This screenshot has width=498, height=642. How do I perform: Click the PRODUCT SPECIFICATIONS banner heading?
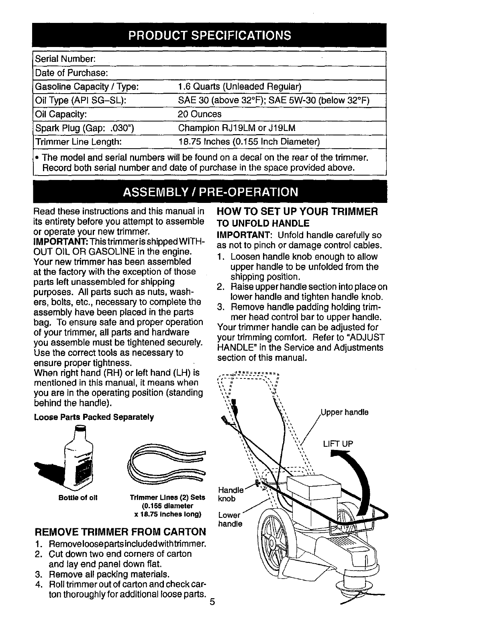[x=210, y=35]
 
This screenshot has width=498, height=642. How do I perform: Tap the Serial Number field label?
[x=65, y=59]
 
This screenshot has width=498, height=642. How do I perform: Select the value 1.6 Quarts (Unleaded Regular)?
[x=239, y=87]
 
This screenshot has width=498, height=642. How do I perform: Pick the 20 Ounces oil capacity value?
[x=200, y=114]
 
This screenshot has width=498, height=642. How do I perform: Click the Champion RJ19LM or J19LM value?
[x=237, y=128]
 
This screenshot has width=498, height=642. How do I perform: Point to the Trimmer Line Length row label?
[x=78, y=142]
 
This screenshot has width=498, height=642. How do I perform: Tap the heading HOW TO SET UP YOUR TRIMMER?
[x=297, y=212]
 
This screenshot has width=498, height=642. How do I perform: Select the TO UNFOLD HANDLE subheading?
[x=263, y=223]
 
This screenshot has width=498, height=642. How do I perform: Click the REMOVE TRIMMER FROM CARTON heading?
[x=120, y=532]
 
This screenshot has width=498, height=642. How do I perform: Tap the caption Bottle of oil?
[x=78, y=497]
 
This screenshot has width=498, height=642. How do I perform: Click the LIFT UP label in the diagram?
[x=338, y=444]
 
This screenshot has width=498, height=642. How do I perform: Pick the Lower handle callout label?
[x=230, y=519]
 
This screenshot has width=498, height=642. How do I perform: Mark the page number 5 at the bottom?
[x=212, y=602]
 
